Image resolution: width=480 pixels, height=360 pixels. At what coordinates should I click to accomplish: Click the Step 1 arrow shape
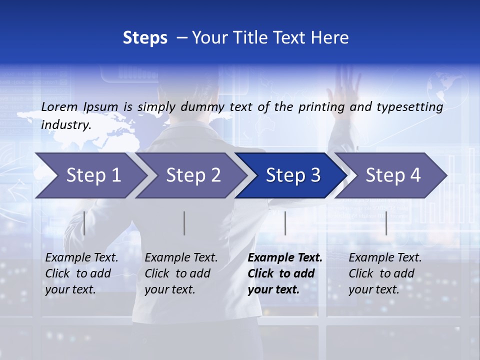(x=90, y=175)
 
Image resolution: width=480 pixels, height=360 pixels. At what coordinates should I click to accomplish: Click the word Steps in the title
(x=145, y=38)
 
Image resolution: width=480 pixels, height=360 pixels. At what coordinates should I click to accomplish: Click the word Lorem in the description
(x=59, y=106)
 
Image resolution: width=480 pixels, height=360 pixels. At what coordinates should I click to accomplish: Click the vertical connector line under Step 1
(x=84, y=223)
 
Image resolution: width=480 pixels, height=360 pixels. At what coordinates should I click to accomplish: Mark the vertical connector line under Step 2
(x=184, y=223)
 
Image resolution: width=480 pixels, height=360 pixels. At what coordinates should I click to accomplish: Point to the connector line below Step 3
(x=285, y=223)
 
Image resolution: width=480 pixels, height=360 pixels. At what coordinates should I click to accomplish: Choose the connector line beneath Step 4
(x=386, y=223)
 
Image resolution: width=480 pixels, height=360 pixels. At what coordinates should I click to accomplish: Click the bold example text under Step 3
(x=284, y=273)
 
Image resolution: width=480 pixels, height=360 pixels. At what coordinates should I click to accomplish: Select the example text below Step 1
(x=81, y=273)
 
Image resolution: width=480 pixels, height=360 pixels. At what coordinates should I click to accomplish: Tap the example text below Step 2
(x=181, y=273)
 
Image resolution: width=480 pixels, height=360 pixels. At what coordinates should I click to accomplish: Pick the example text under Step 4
(x=385, y=273)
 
